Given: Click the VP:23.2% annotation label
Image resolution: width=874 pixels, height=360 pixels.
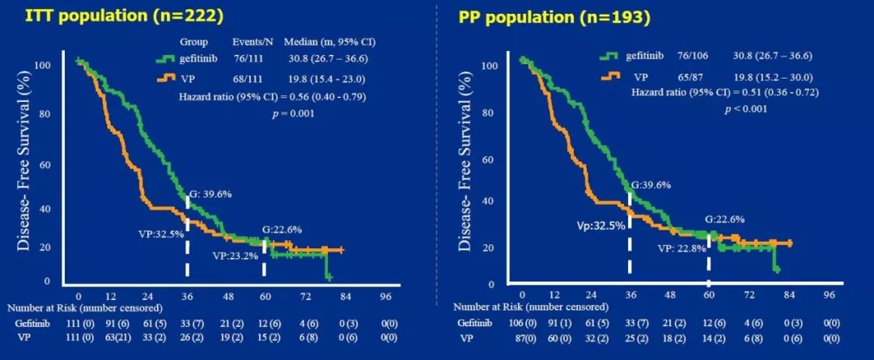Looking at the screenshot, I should pos(234,256).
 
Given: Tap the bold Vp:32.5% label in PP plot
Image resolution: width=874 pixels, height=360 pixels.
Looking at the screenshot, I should pos(600,226).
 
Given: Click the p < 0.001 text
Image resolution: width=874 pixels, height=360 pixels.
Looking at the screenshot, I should pos(744,108).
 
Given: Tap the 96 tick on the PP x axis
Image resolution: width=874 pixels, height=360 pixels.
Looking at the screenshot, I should pos(828,294).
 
